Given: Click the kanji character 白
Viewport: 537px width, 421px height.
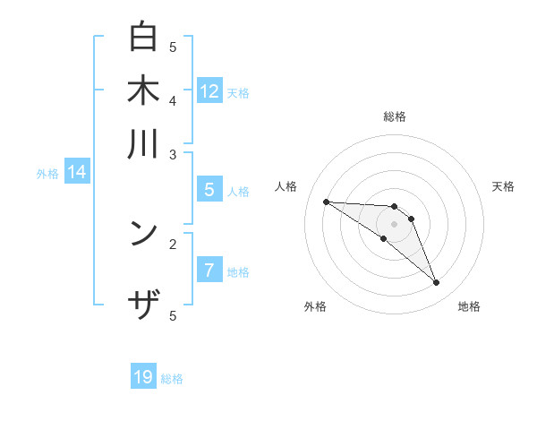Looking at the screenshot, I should pyautogui.click(x=144, y=38).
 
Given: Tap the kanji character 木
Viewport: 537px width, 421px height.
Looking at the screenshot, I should pyautogui.click(x=144, y=90).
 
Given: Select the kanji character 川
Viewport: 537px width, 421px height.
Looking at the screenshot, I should pyautogui.click(x=144, y=144).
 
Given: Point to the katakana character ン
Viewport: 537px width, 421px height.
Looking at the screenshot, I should pyautogui.click(x=144, y=234).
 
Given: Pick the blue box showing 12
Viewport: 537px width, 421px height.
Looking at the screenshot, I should pyautogui.click(x=209, y=90).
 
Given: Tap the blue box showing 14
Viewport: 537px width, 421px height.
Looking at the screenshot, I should pyautogui.click(x=77, y=172).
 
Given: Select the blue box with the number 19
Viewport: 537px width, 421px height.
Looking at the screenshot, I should pyautogui.click(x=143, y=377).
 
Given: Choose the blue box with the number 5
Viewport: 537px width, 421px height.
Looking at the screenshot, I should pyautogui.click(x=209, y=190).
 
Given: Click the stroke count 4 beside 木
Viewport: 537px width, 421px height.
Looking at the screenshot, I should pyautogui.click(x=173, y=100).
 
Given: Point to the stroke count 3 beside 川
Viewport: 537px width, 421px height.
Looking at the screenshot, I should pyautogui.click(x=173, y=154).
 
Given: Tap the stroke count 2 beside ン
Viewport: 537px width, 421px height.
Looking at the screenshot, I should pyautogui.click(x=173, y=243).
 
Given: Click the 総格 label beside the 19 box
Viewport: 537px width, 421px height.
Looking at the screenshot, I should pyautogui.click(x=172, y=379).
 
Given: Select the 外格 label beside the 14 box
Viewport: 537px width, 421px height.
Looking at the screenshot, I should pyautogui.click(x=47, y=174).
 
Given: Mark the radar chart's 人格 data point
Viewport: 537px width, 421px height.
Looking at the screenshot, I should pyautogui.click(x=326, y=202).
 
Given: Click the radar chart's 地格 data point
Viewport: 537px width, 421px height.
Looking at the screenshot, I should pyautogui.click(x=436, y=283).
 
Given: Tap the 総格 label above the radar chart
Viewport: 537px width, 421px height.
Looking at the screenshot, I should pyautogui.click(x=394, y=116).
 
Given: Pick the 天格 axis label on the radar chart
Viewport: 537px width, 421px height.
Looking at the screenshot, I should pyautogui.click(x=503, y=186).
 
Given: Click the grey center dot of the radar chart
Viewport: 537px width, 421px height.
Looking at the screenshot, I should pyautogui.click(x=394, y=223).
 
